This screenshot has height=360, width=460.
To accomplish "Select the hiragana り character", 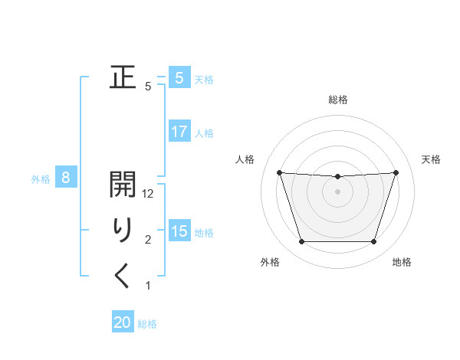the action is (x=123, y=230).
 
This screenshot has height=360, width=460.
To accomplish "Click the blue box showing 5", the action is (x=179, y=78).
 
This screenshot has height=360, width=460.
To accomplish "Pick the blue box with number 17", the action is (x=179, y=132).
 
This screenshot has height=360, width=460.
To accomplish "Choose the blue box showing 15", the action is (x=179, y=231).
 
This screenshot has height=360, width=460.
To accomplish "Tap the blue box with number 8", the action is (x=66, y=178).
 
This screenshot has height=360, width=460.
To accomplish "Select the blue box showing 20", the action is (x=123, y=322).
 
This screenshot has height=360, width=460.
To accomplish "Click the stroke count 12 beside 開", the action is (x=149, y=195).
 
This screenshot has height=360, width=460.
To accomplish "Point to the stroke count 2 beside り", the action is (x=148, y=240).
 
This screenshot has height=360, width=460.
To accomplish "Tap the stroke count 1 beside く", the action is (x=148, y=286).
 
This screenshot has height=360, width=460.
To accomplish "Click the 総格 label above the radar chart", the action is (x=338, y=100).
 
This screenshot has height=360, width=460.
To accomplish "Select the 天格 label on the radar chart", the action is (x=431, y=159).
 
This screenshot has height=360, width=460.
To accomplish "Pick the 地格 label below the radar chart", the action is (x=402, y=262).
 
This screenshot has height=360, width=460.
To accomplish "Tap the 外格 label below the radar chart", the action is (x=270, y=262).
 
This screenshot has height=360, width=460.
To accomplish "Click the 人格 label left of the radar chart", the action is (x=245, y=159).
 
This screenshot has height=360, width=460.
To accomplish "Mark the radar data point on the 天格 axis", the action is (x=396, y=172).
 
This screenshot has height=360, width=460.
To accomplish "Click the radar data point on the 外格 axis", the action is (x=301, y=242).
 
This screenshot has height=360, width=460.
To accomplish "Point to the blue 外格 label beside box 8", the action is (x=41, y=179).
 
